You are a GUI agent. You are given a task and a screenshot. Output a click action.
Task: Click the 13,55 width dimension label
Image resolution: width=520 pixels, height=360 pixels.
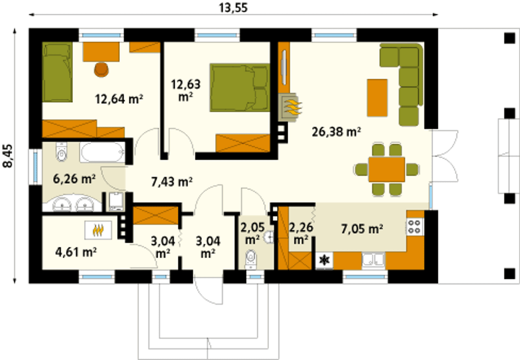233,8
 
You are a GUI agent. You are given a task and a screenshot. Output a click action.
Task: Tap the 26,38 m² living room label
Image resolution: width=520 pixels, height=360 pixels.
336,132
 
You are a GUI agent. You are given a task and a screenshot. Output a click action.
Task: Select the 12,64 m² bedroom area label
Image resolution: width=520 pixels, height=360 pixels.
119,99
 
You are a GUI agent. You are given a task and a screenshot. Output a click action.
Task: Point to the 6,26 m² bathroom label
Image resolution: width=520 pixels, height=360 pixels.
74,179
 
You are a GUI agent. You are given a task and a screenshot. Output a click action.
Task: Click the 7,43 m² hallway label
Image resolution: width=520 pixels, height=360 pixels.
172,181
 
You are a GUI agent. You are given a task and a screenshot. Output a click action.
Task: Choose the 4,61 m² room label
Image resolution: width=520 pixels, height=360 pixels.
76,252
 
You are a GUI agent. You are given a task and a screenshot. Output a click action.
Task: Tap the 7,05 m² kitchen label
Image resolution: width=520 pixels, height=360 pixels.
362,229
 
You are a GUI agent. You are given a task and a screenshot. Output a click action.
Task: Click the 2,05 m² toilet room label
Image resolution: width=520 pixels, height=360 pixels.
252,233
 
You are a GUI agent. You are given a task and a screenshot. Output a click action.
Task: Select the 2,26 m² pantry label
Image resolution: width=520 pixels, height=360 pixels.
301,233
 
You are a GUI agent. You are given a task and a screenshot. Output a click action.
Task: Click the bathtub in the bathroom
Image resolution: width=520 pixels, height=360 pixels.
102,152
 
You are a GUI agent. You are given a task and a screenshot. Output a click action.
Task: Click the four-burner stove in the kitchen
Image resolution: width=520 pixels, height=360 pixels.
415,226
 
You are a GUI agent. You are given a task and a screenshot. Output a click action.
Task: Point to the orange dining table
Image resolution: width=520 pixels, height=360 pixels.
386,169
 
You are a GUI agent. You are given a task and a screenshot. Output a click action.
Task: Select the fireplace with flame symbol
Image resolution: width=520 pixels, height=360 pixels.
290,108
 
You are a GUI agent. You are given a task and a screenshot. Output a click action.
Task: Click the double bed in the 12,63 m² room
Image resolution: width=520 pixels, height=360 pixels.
240,88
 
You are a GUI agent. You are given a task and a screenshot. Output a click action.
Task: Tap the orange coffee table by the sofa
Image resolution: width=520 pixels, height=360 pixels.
377,98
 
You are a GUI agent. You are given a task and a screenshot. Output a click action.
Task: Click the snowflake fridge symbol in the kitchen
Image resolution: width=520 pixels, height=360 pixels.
324,261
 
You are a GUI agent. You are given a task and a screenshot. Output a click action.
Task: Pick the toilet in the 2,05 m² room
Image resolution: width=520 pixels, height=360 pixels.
250,260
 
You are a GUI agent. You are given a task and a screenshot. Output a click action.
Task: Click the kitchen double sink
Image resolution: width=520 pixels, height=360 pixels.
373,261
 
